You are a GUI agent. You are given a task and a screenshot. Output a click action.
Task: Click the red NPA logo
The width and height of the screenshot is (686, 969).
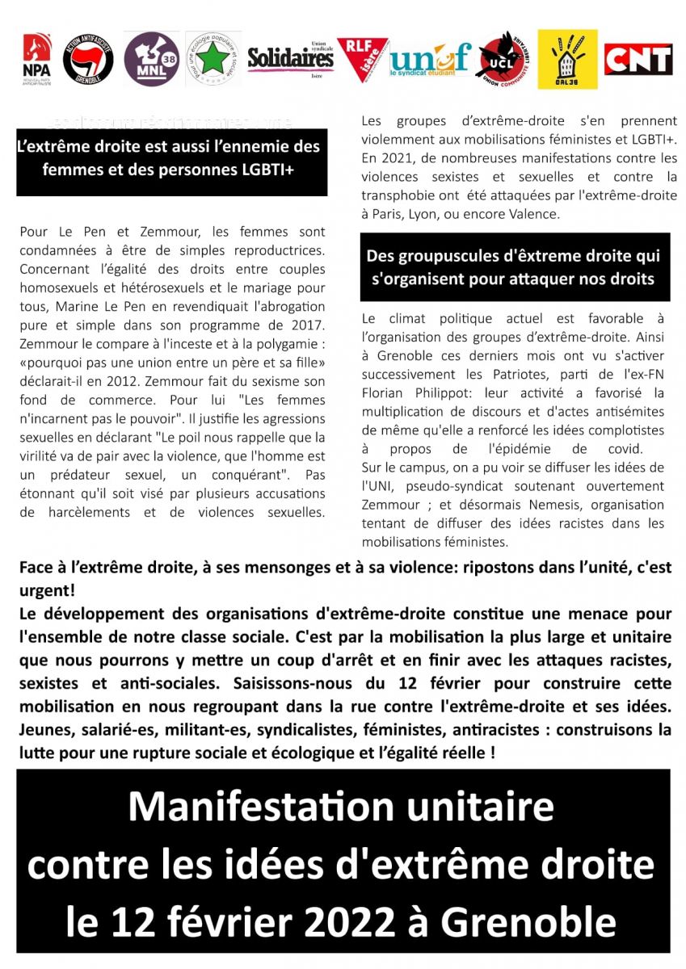36,59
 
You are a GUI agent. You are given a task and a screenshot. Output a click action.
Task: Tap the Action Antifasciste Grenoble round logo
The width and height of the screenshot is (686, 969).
88,59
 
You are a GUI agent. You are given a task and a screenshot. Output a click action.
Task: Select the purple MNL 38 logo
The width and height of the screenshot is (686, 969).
152,59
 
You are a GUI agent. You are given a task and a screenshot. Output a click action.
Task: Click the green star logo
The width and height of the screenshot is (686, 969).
213,59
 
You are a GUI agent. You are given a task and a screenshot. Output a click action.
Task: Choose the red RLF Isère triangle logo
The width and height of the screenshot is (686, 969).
361,58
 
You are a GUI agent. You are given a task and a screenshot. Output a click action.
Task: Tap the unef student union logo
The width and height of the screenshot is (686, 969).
429,59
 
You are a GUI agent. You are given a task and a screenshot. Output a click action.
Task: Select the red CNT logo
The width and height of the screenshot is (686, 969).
638,59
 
